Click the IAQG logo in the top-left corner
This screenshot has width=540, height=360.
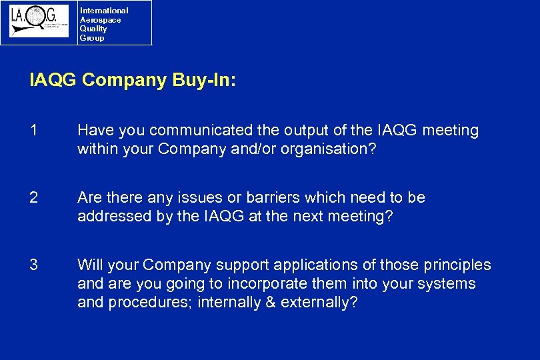(x=39, y=21)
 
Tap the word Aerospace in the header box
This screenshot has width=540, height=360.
(x=100, y=20)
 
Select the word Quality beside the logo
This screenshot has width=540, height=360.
(x=93, y=29)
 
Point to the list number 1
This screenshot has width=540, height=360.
(x=33, y=131)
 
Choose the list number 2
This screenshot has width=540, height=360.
(x=33, y=198)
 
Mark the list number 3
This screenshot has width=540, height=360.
(x=33, y=265)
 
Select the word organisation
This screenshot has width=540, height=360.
(x=316, y=149)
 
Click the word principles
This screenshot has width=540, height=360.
(x=458, y=265)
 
